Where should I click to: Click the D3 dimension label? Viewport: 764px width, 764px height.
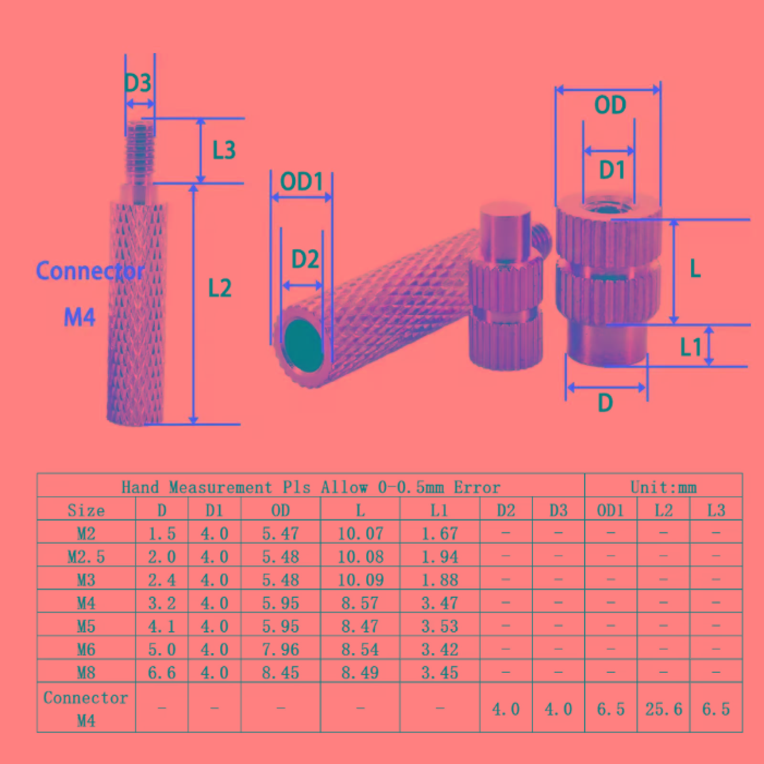[138, 83]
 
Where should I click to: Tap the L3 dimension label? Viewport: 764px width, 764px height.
[224, 150]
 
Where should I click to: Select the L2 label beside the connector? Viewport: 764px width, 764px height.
[220, 288]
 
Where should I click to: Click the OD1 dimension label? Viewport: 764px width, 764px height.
[302, 181]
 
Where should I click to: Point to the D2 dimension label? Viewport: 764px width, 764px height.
[305, 259]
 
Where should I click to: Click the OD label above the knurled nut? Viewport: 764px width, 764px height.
[610, 105]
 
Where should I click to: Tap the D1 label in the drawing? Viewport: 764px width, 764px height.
[612, 170]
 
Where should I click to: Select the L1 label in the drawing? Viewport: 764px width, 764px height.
[690, 347]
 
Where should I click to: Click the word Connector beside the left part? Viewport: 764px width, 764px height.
[90, 271]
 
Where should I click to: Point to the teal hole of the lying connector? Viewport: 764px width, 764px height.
[303, 345]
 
